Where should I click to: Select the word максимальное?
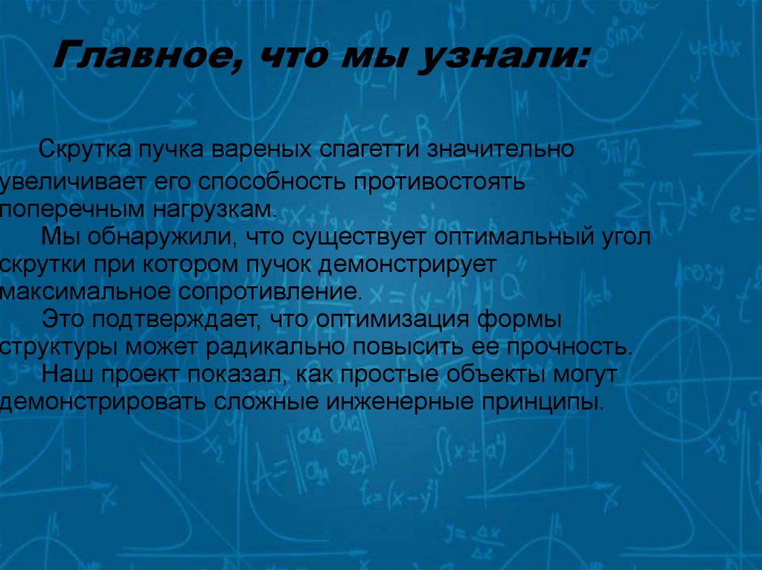point(85,291)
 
